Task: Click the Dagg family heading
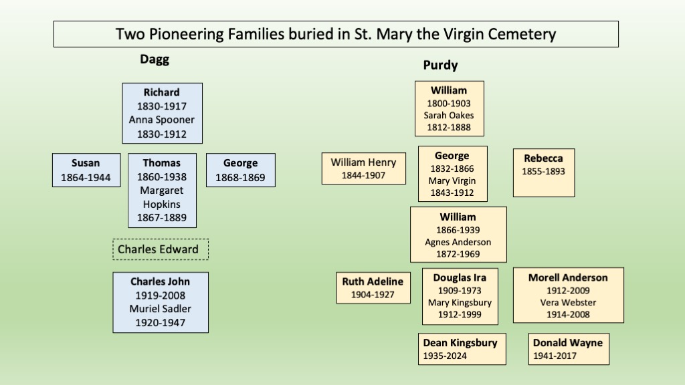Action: pos(155,59)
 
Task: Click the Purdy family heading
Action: pos(440,65)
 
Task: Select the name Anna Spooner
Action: pos(162,120)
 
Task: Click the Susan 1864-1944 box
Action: pos(86,170)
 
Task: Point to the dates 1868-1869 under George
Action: pos(240,178)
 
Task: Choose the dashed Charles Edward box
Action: pos(161,249)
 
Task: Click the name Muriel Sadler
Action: pos(161,309)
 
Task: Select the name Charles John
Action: pos(161,281)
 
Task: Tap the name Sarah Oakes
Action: pos(449,115)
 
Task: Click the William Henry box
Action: pos(364,168)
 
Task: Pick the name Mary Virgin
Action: pos(452,180)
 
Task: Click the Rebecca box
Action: pos(544,173)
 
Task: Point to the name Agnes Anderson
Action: pos(458,242)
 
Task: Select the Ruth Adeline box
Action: pos(373,288)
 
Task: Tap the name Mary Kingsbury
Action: pos(460,303)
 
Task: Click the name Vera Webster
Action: pos(568,303)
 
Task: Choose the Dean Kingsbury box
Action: pos(462,349)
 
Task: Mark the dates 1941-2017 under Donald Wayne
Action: pos(555,356)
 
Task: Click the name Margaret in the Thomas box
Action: pos(162,190)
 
